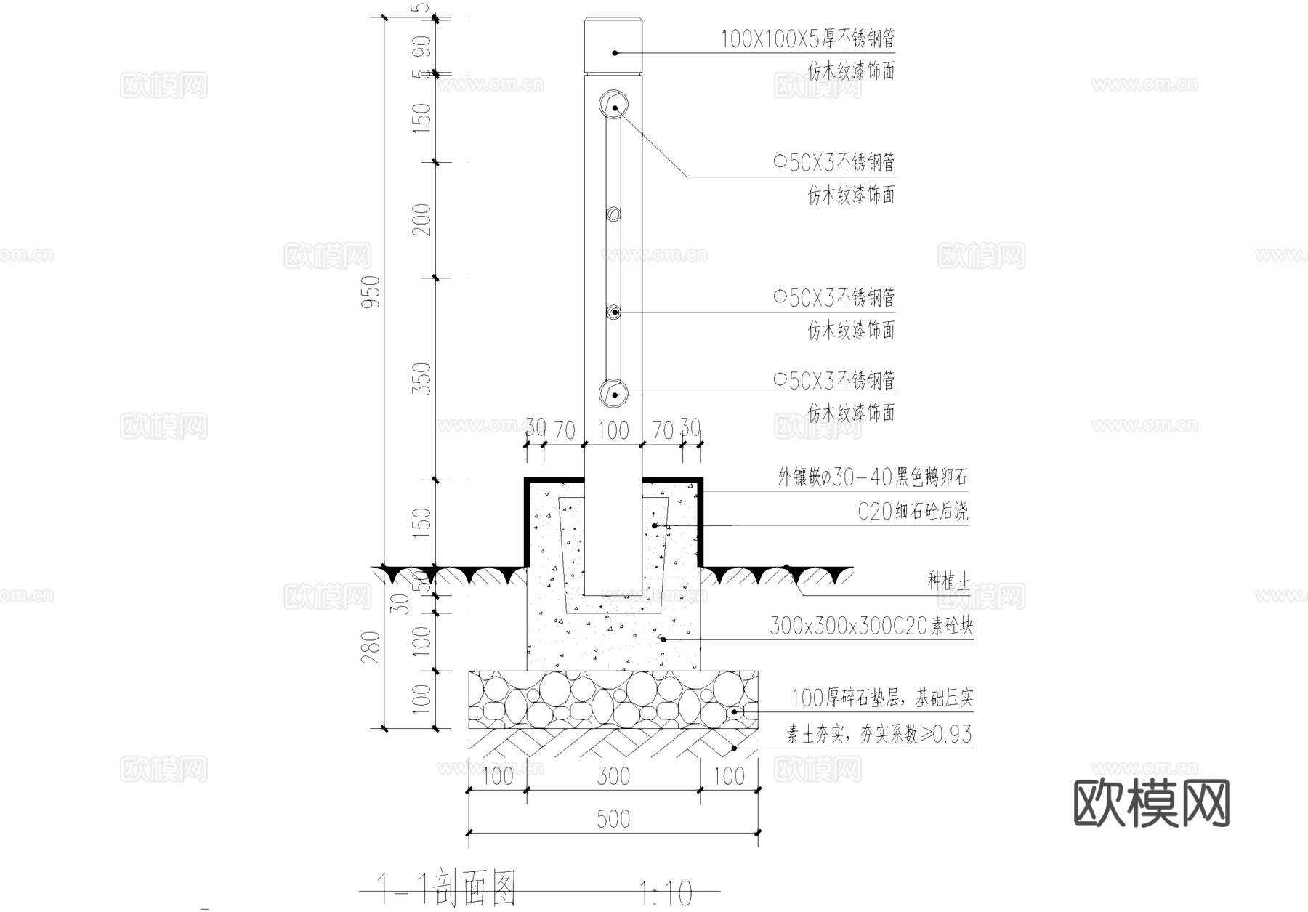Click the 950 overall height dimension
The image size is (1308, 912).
(371, 291)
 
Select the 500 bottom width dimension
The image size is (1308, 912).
(613, 819)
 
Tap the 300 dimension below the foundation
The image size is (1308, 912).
(613, 776)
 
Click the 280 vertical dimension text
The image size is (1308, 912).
(371, 647)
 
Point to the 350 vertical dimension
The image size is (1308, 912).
(422, 379)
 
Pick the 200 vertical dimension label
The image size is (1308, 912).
(422, 219)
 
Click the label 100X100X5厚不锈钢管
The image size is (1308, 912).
(807, 39)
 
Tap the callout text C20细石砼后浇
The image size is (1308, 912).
(913, 512)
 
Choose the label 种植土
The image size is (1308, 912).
(948, 581)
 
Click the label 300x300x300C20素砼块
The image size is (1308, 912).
(871, 626)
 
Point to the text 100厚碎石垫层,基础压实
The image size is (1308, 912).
(881, 698)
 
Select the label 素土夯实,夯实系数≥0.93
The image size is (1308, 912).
(879, 735)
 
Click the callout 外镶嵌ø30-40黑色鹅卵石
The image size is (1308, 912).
(872, 477)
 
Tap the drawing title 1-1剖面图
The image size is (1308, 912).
(448, 887)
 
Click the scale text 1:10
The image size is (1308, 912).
(666, 893)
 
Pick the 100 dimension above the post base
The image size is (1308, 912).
(613, 430)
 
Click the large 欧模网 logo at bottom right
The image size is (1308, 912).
(1151, 804)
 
